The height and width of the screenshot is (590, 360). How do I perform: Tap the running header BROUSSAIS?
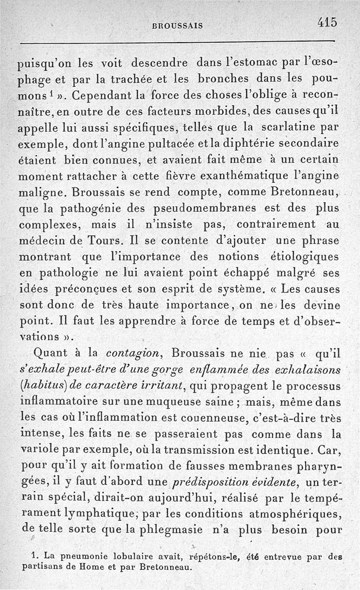tap(178, 26)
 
